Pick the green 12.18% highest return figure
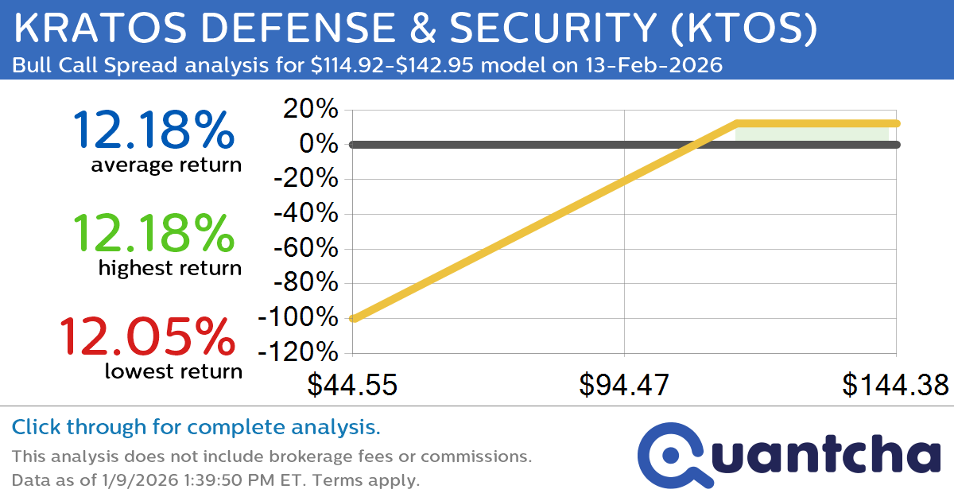153,233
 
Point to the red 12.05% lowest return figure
147,336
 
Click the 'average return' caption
165,165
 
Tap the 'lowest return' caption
173,371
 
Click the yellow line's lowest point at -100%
354,319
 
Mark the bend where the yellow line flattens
737,123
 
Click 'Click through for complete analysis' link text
196,428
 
